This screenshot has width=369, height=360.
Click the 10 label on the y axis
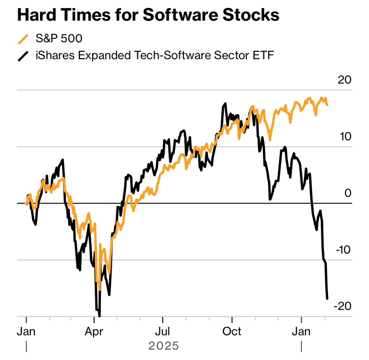345,137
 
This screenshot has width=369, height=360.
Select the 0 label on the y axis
348,193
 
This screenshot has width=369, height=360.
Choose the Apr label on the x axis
94,332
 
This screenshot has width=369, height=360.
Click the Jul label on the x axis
163,332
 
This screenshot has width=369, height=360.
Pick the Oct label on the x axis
232,332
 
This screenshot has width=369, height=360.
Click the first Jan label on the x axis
26,332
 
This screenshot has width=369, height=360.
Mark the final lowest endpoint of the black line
327,298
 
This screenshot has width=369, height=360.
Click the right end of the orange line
328,105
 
